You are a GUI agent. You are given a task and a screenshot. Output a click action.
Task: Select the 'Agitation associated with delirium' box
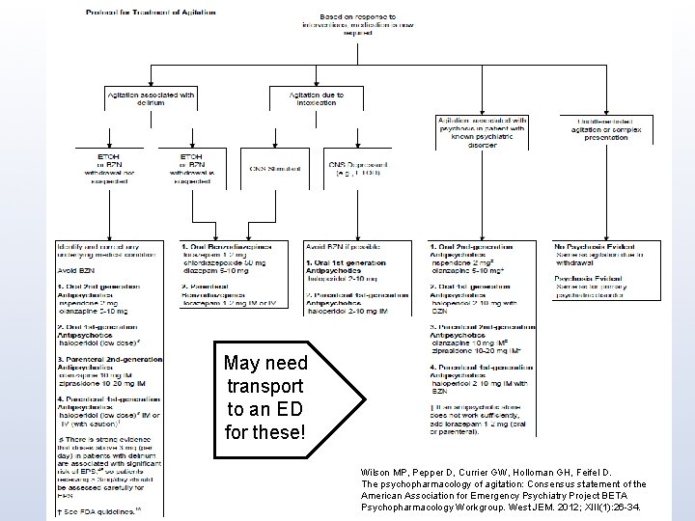click(151, 99)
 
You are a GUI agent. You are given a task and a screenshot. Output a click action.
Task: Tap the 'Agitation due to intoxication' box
click(313, 99)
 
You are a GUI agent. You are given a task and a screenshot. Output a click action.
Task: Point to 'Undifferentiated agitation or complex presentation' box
click(598, 129)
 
